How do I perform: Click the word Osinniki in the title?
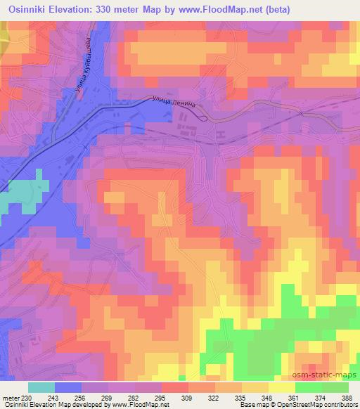click(x=27, y=9)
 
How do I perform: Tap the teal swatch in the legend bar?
click(x=41, y=387)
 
